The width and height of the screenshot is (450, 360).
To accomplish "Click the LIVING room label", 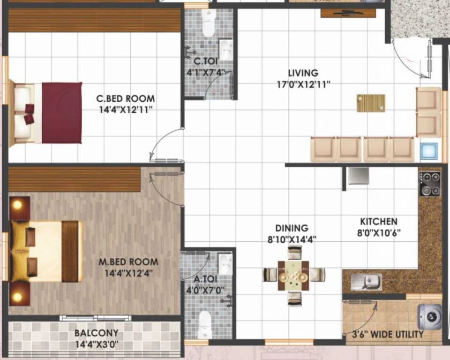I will [303, 73].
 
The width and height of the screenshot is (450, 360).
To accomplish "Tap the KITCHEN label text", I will [378, 221].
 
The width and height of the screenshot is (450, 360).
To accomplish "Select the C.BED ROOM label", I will [125, 99].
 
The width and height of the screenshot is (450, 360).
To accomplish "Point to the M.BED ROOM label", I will [128, 262].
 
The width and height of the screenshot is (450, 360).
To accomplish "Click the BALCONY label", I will [96, 333].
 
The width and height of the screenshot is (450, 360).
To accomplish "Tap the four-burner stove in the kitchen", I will [429, 184].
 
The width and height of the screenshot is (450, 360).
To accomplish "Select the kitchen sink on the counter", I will [367, 282].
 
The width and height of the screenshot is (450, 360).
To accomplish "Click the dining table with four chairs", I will [293, 275].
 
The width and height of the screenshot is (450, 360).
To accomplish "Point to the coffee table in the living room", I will [371, 103].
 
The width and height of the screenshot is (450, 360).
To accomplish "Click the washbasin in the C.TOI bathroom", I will [225, 49].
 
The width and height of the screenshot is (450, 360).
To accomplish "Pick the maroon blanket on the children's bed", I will [62, 112].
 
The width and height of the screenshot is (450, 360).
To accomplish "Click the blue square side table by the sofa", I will [429, 151].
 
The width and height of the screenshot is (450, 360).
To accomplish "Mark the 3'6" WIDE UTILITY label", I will [388, 335].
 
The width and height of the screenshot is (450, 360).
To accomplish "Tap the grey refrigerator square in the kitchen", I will [358, 176].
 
